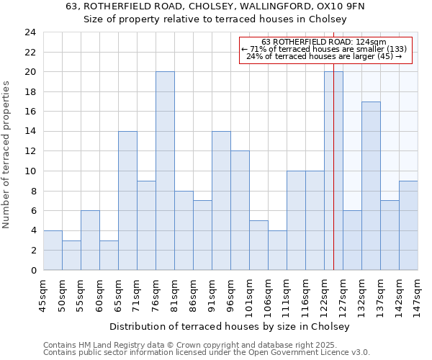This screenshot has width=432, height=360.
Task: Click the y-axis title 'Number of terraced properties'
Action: tap(6, 155)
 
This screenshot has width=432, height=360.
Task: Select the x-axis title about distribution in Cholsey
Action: tap(230, 326)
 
